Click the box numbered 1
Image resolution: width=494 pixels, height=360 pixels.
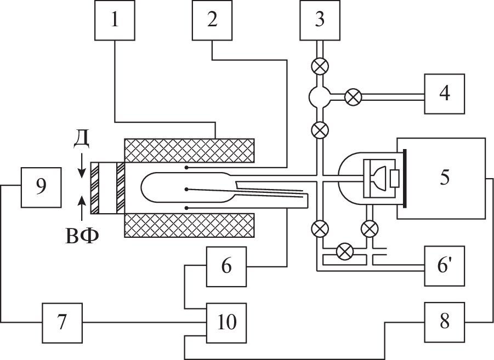114,20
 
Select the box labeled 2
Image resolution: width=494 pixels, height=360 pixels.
212,20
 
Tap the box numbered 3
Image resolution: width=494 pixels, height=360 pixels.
320,20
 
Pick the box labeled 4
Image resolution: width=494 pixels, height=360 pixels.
445,94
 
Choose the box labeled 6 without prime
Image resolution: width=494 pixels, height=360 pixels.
226,266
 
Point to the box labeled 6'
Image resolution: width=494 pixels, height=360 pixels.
445,266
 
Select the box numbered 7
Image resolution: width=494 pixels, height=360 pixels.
62,322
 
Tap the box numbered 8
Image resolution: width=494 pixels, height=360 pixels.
445,322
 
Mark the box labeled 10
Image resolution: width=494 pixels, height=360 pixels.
226,322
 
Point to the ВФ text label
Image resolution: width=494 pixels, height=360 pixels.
81,237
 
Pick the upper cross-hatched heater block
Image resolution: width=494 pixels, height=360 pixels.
189,150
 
